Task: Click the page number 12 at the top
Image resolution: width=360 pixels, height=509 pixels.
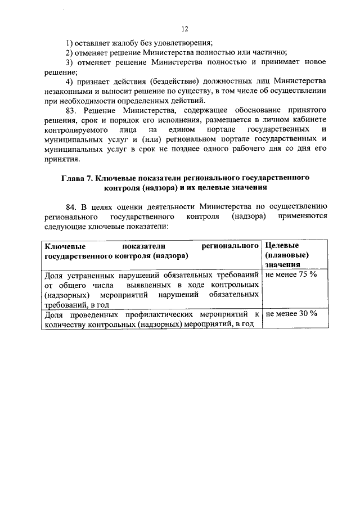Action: click(x=184, y=29)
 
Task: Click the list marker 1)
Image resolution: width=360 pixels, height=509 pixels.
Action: click(x=71, y=43)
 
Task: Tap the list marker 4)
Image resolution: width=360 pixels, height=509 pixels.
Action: click(x=71, y=82)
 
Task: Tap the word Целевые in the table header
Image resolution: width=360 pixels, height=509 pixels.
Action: click(x=281, y=246)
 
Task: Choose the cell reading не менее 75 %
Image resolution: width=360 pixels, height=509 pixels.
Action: click(x=291, y=275)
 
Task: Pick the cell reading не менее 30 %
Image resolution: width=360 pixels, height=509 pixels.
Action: click(x=291, y=314)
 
